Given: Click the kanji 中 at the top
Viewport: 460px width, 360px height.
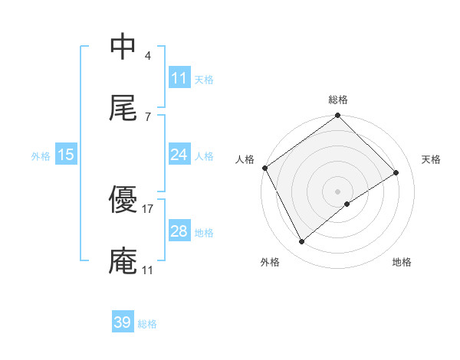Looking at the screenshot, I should [123, 47].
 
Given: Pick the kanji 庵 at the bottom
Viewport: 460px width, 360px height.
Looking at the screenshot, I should [123, 261].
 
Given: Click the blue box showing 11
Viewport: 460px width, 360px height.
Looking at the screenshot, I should [179, 78].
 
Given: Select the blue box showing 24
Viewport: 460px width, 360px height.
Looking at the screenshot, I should [179, 155].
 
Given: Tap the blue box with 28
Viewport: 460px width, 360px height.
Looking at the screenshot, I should [179, 231].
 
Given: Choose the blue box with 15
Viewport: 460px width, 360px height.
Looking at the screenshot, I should [66, 155].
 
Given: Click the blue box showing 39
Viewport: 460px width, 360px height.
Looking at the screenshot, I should [123, 322].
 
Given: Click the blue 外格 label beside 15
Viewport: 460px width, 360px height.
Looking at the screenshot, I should [41, 155].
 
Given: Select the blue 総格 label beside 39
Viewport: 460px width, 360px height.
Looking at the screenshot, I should [147, 323].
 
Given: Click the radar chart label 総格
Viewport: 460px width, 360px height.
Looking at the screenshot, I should [338, 100].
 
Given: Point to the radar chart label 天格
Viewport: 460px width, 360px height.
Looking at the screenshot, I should [432, 159].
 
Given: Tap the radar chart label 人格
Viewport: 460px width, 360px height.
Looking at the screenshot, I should [245, 159].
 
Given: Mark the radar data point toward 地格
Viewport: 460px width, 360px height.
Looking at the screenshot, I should [347, 204].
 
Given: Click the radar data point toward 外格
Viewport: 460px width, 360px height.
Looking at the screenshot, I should [302, 242].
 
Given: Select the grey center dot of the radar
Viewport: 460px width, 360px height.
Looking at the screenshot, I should [338, 191].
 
